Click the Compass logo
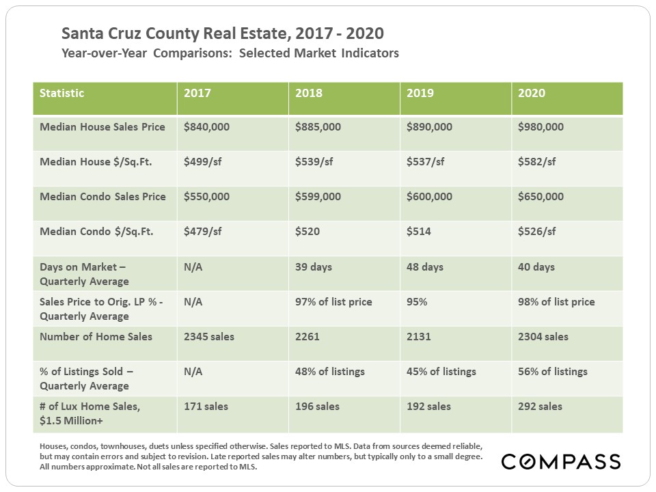pyautogui.click(x=560, y=461)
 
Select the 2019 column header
pyautogui.click(x=420, y=93)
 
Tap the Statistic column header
pyautogui.click(x=62, y=93)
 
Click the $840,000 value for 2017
pyautogui.click(x=207, y=127)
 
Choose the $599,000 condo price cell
pyautogui.click(x=318, y=197)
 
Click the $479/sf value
pyautogui.click(x=203, y=232)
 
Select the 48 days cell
pyautogui.click(x=424, y=266)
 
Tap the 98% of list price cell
pyautogui.click(x=556, y=301)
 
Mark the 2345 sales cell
pyautogui.click(x=210, y=336)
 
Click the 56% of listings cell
pyautogui.click(x=553, y=371)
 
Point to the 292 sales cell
pyautogui.click(x=541, y=406)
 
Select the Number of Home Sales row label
pyautogui.click(x=96, y=336)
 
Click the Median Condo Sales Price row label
pyautogui.click(x=102, y=197)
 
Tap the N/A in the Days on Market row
pyautogui.click(x=193, y=266)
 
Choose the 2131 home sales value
pyautogui.click(x=419, y=336)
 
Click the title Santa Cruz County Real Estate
pyautogui.click(x=222, y=33)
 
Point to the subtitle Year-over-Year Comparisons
pyautogui.click(x=230, y=53)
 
